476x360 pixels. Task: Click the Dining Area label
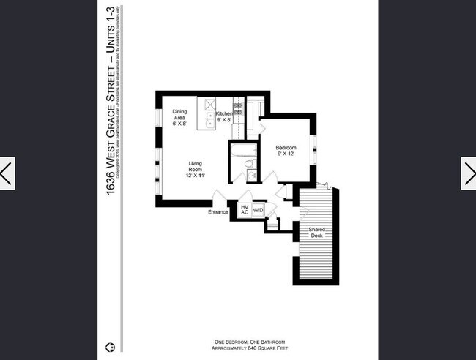click(179, 115)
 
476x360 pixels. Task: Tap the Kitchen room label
click(223, 113)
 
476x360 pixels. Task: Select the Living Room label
click(195, 166)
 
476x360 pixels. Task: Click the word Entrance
click(218, 212)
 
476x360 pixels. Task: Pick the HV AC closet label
click(245, 210)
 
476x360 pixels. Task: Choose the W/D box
click(258, 210)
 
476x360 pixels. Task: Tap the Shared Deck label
click(316, 232)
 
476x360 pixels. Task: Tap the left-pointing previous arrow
click(7, 173)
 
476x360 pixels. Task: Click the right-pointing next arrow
click(469, 173)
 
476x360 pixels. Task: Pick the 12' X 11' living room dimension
click(195, 176)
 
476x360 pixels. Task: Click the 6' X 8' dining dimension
click(179, 124)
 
